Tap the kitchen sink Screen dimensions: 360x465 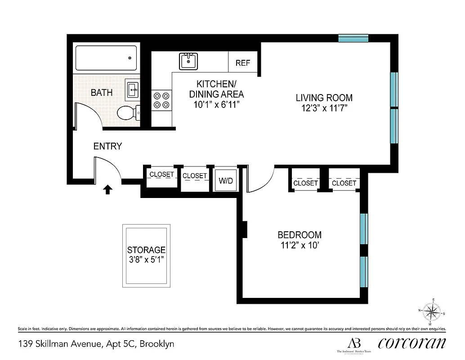(x=188, y=61)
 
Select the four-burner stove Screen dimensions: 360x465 (x=162, y=100)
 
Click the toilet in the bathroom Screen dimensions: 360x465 (x=127, y=113)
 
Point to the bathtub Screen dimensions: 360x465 (x=106, y=58)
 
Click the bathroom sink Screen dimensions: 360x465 (x=133, y=90)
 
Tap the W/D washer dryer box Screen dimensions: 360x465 (x=225, y=180)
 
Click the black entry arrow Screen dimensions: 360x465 (x=107, y=189)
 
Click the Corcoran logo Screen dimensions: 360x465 (x=412, y=343)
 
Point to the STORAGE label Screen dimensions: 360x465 (x=146, y=250)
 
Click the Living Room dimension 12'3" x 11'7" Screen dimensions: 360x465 (x=324, y=108)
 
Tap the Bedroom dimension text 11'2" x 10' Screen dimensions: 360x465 (x=299, y=246)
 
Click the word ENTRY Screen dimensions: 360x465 (x=107, y=146)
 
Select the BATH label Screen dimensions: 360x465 (x=102, y=93)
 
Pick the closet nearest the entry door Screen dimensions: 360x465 (x=161, y=175)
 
